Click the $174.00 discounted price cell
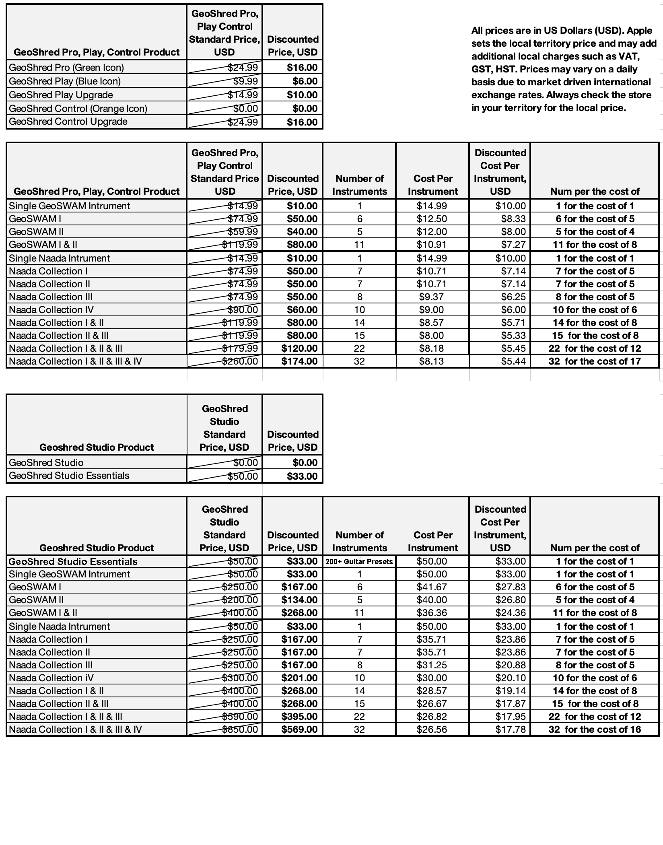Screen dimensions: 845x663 pos(299,361)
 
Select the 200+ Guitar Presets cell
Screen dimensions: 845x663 pos(359,561)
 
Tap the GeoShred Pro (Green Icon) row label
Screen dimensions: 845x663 pos(66,67)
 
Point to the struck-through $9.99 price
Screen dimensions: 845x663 pos(245,81)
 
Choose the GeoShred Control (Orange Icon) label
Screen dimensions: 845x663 pos(78,108)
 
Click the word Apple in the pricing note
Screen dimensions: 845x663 pos(639,31)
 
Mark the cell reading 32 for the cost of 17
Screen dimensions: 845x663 pos(595,361)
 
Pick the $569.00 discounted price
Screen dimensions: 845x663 pos(299,729)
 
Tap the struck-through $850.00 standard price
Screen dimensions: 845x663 pos(240,729)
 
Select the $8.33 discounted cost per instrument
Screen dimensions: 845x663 pos(513,218)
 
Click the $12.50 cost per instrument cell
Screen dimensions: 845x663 pos(432,218)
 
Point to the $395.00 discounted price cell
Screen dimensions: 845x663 pos(299,716)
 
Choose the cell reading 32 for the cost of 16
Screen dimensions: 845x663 pos(595,729)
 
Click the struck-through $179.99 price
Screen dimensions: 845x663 pos(240,348)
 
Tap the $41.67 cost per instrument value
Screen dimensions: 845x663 pos(432,587)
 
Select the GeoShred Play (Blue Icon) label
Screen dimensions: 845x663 pos(65,81)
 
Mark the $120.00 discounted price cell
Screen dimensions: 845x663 pos(299,348)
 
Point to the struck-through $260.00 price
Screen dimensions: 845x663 pos(240,361)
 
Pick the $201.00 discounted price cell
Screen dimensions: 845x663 pos(299,678)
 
